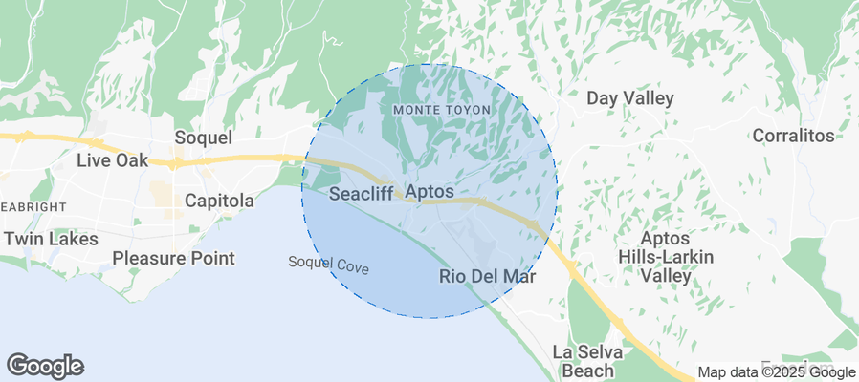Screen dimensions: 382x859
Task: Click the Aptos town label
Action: (x=429, y=193)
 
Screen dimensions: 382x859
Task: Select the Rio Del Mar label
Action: (x=487, y=277)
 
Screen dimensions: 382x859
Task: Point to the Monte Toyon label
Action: (x=442, y=110)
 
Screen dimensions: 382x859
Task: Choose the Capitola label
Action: (x=219, y=202)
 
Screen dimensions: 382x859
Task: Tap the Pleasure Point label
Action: (x=173, y=258)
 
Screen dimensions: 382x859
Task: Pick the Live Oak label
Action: (x=112, y=160)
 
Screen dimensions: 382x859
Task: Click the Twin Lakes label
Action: (x=51, y=239)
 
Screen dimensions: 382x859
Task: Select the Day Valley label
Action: (x=629, y=98)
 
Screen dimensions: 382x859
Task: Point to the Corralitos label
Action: (x=793, y=136)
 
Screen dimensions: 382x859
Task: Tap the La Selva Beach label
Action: (x=588, y=361)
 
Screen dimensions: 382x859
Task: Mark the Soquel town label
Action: (x=203, y=138)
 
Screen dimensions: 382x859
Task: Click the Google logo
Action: (x=45, y=365)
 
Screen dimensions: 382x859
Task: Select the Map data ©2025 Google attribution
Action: (x=776, y=372)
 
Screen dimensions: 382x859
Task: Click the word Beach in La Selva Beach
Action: (x=588, y=371)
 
